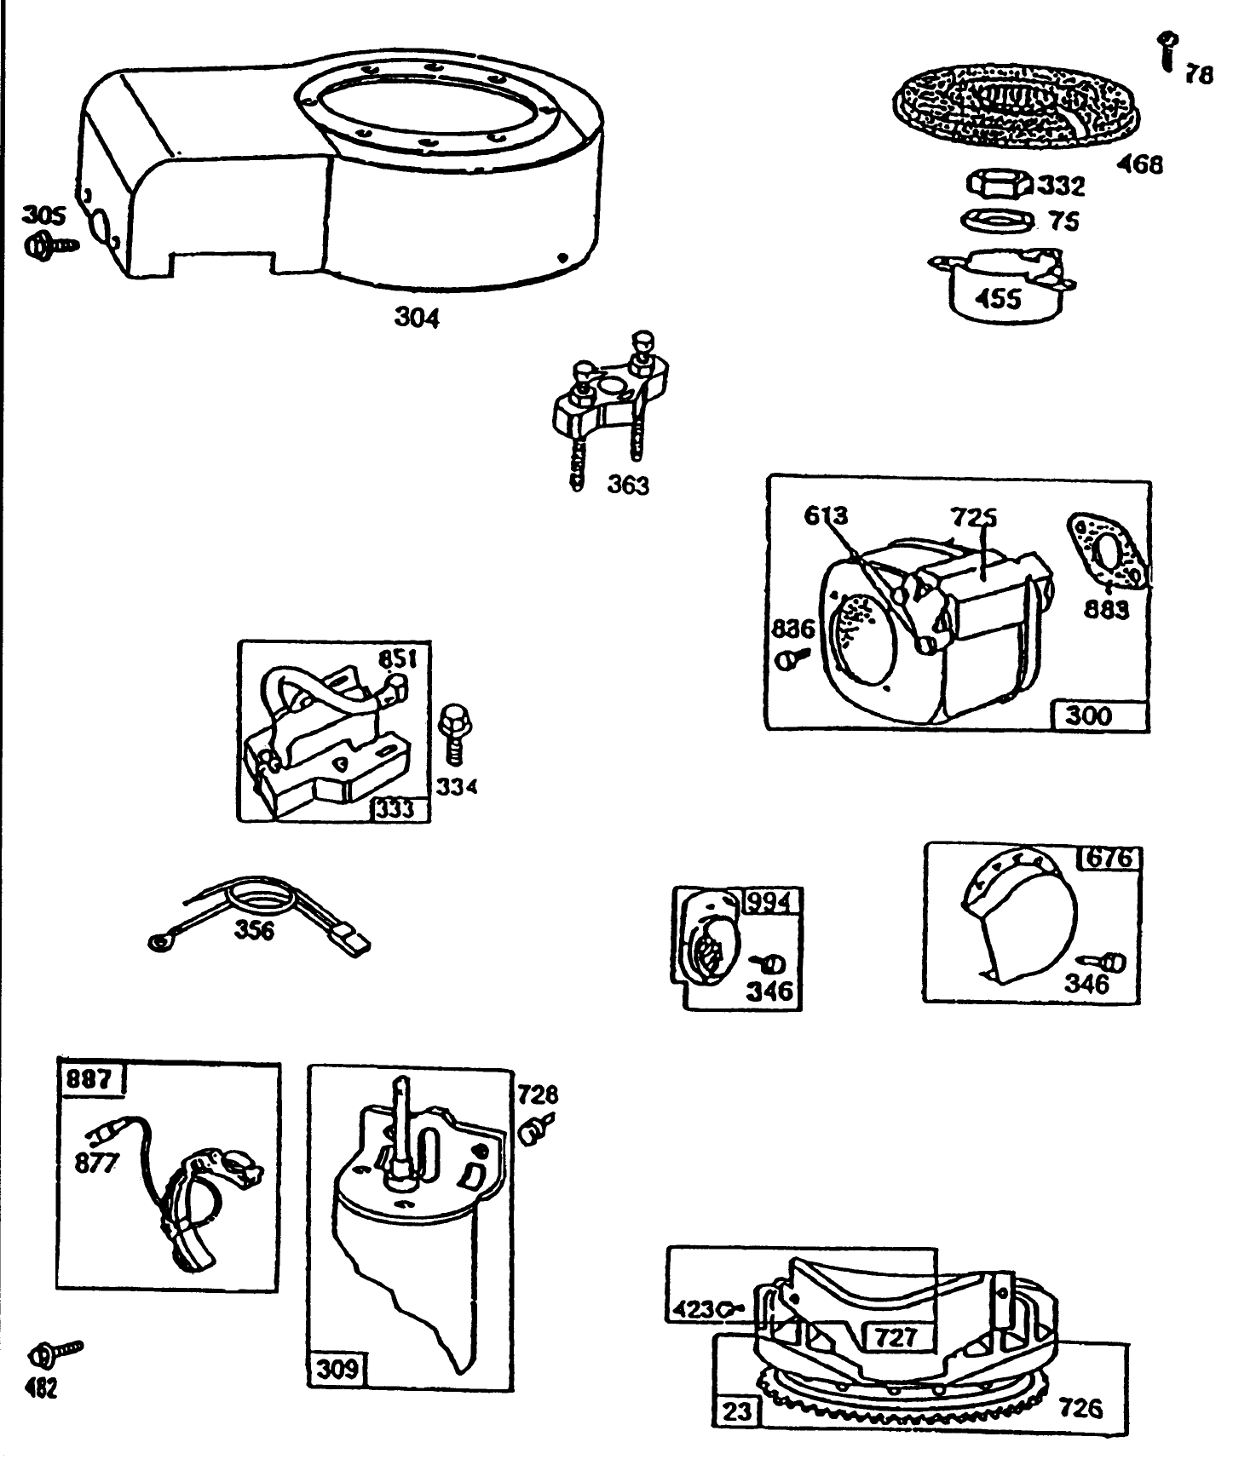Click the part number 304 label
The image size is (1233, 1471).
click(x=417, y=318)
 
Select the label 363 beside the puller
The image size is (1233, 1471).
click(x=628, y=485)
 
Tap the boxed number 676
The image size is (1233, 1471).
click(x=1109, y=857)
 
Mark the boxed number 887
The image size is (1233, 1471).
click(x=89, y=1079)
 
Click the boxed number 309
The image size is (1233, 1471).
click(x=337, y=1370)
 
